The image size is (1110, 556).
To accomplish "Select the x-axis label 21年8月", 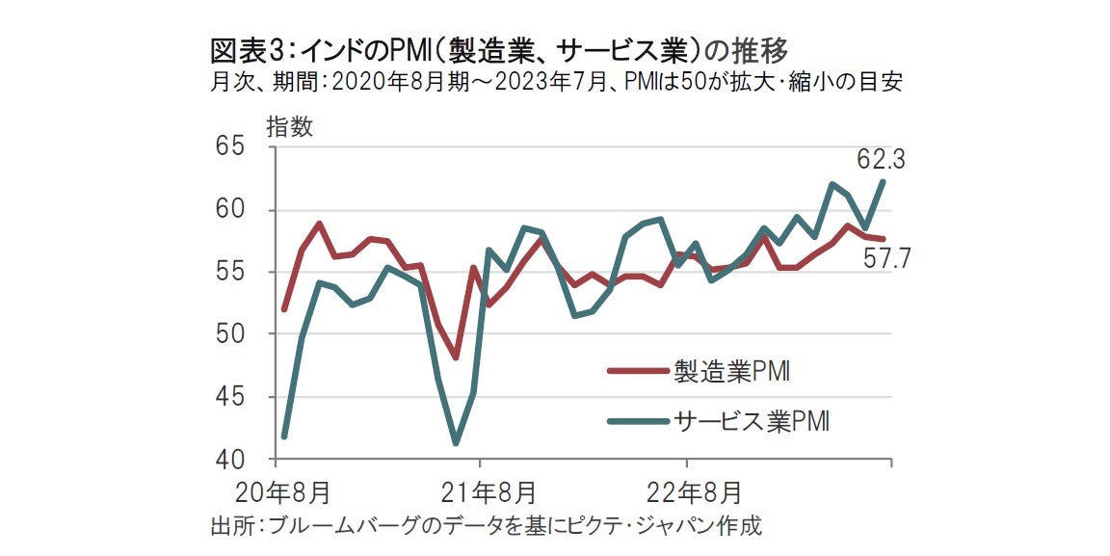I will coord(489,492).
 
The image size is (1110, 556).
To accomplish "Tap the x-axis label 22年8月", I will coord(696,492).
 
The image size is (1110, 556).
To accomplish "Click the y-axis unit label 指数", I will coord(289,127).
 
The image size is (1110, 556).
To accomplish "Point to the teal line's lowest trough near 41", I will coord(456,443).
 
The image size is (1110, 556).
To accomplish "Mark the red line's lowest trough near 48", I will coord(456,357).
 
